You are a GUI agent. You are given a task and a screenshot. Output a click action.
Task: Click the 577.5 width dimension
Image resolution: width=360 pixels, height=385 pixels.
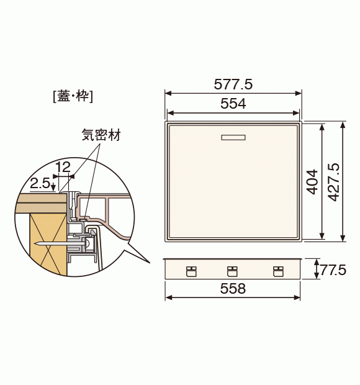(233, 84)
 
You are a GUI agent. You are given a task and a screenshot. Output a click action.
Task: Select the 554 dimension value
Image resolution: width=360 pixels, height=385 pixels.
(233, 103)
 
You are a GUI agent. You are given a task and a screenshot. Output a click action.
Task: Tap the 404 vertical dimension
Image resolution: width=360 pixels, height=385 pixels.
(312, 182)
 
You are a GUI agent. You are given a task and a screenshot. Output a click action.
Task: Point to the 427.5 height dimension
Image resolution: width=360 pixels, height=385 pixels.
(334, 182)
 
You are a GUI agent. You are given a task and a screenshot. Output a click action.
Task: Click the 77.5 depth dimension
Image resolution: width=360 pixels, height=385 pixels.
(333, 270)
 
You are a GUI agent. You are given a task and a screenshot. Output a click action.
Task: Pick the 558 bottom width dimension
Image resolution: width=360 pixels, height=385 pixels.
(233, 288)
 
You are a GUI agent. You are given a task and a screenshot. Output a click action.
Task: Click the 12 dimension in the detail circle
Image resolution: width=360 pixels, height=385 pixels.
(63, 167)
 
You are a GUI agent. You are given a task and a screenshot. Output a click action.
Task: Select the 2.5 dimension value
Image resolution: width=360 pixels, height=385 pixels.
(40, 183)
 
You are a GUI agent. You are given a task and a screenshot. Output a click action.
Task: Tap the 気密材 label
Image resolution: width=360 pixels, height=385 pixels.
(101, 135)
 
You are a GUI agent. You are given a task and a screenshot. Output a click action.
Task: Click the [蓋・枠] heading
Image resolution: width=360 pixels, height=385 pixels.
(73, 96)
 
